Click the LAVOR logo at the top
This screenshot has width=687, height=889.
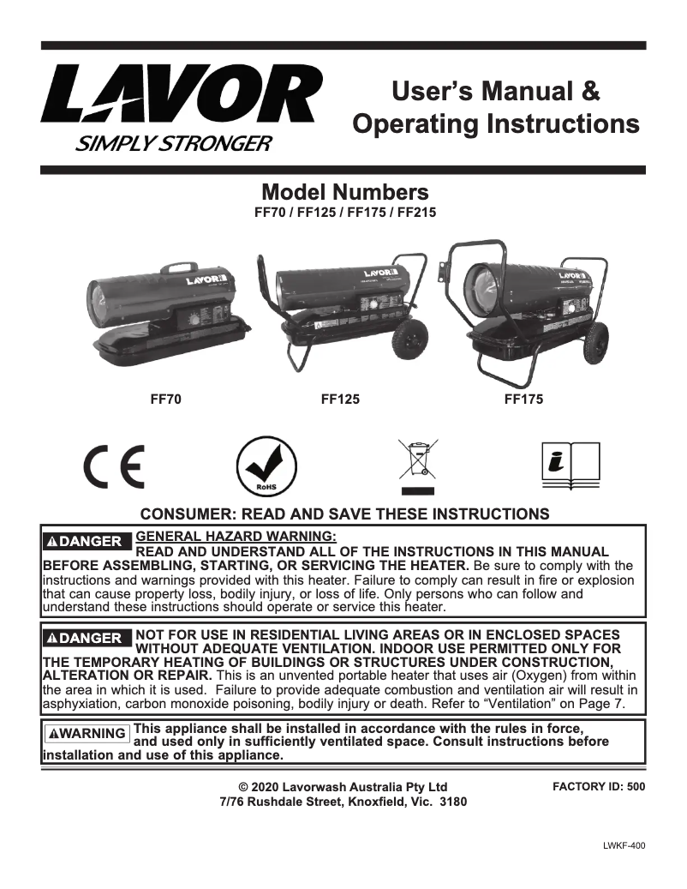(182, 95)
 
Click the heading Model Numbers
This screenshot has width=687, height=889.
(344, 190)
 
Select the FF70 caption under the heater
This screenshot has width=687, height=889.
(167, 399)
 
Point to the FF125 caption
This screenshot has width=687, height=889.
(340, 399)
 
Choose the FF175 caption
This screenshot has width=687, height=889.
(523, 399)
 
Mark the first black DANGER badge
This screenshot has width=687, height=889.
(87, 541)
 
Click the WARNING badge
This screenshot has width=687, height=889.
(87, 733)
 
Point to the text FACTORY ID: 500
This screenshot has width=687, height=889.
(599, 786)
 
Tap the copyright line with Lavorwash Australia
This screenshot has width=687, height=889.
(343, 787)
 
